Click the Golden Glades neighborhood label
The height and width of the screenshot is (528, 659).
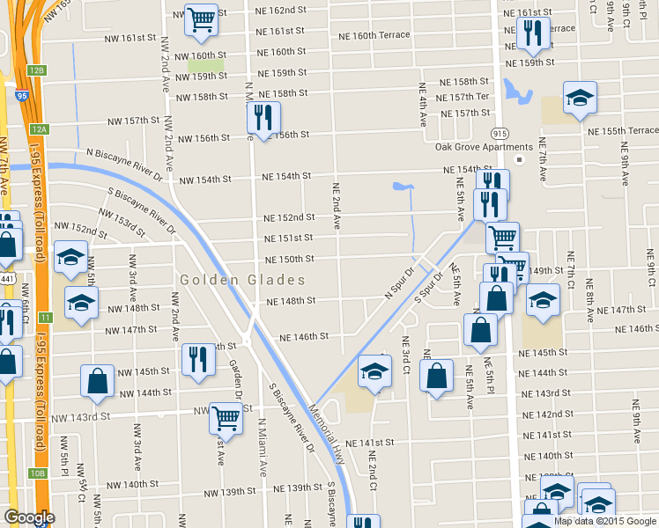point(242,280)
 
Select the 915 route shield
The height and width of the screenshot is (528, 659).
point(500,132)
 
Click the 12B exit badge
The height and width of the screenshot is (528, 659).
point(35,70)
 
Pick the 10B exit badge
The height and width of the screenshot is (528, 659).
point(36,473)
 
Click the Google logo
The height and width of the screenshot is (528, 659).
point(29,517)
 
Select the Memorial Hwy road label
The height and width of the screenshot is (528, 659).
point(326,427)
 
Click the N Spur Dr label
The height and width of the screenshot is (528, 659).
point(399,282)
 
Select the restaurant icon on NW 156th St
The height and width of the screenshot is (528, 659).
point(263,115)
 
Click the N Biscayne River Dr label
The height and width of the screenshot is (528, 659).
point(124,164)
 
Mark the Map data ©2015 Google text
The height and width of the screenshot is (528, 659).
point(605,520)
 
